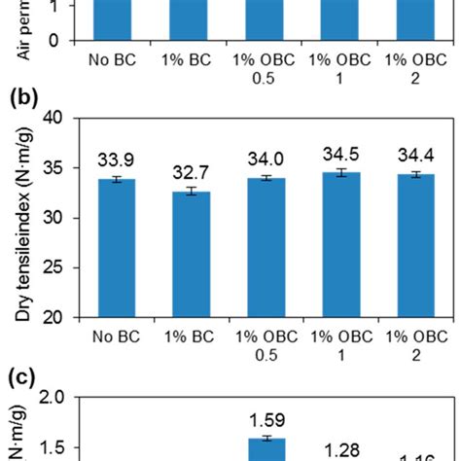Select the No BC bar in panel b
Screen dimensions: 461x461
click(117, 248)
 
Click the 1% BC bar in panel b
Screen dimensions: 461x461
click(185, 254)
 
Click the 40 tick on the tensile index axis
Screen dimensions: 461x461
click(62, 119)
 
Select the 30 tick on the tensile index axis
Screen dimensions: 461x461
click(62, 218)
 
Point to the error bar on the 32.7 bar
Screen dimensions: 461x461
click(185, 192)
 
